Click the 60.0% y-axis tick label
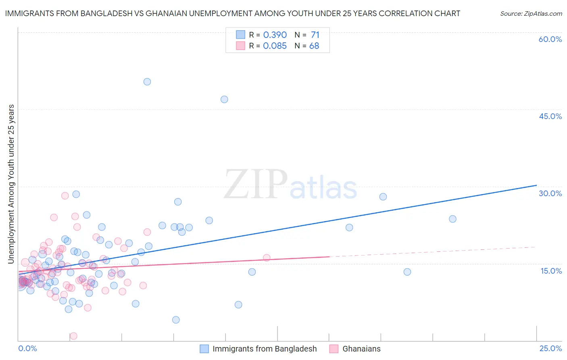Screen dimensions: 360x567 pyautogui.click(x=550, y=39)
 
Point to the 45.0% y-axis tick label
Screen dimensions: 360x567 pyautogui.click(x=550, y=116)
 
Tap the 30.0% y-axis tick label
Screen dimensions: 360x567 pyautogui.click(x=550, y=193)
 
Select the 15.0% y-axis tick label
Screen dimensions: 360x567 pyautogui.click(x=551, y=271)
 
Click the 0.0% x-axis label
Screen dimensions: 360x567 pyautogui.click(x=27, y=348)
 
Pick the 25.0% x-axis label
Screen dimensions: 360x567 pyautogui.click(x=550, y=348)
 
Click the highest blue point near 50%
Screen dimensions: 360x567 pyautogui.click(x=147, y=82)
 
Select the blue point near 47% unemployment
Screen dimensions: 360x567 pyautogui.click(x=224, y=99)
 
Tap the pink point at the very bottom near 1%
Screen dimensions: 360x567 pyautogui.click(x=73, y=336)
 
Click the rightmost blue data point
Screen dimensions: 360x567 pyautogui.click(x=452, y=219)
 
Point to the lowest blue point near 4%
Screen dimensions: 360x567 pyautogui.click(x=176, y=320)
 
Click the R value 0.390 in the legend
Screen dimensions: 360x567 pyautogui.click(x=275, y=35)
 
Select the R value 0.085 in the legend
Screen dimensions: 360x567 pyautogui.click(x=275, y=46)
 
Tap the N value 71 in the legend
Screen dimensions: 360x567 pyautogui.click(x=315, y=35)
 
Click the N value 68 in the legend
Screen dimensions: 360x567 pyautogui.click(x=314, y=46)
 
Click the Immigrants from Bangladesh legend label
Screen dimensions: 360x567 pyautogui.click(x=265, y=349)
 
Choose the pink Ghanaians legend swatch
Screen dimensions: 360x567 pyautogui.click(x=334, y=349)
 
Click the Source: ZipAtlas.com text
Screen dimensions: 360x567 pyautogui.click(x=531, y=14)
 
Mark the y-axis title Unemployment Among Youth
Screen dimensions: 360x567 pyautogui.click(x=11, y=184)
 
